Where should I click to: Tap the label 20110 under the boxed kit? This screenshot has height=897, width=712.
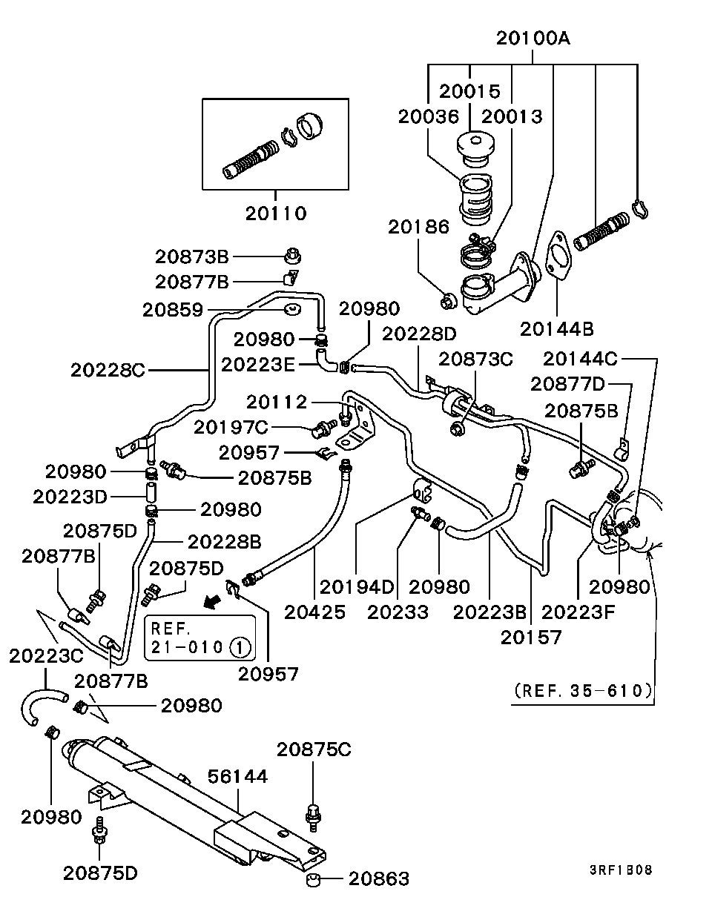coord(275,214)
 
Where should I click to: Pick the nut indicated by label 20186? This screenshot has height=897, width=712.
coord(448,300)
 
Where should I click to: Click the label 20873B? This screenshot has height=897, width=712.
coord(192,256)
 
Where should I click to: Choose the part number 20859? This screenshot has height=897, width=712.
coord(172,310)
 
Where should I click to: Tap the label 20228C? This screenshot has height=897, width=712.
coord(108,369)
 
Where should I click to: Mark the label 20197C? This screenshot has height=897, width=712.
coord(231,427)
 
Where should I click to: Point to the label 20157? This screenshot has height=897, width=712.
coord(530,636)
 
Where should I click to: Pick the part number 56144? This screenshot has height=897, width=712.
coord(237,776)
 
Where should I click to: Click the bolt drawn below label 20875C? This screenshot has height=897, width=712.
coord(313,812)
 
